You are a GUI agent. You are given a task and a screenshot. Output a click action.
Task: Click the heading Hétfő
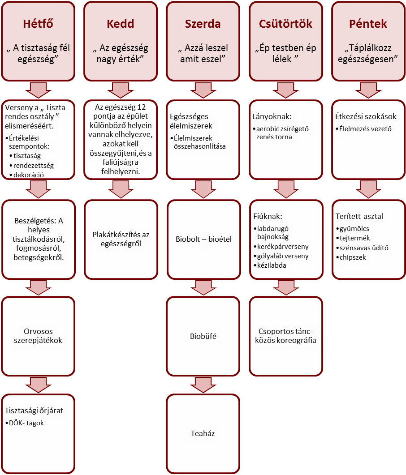tap(38, 24)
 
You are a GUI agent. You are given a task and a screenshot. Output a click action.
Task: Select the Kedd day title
tap(121, 24)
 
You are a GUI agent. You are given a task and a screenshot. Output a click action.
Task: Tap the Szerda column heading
tap(203, 24)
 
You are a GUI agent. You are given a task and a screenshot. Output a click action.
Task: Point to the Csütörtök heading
tap(285, 24)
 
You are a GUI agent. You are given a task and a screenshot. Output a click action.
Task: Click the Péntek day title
tap(368, 24)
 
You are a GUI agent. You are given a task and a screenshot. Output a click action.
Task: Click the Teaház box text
tap(203, 433)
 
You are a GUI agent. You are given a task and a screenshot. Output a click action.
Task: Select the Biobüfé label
tap(203, 336)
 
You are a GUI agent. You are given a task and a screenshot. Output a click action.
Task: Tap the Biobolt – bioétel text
tap(203, 239)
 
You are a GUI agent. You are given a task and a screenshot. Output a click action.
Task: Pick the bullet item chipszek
tap(353, 257)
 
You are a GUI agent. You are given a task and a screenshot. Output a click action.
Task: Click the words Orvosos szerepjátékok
tap(38, 336)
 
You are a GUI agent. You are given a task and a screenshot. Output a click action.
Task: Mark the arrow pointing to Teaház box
tap(203, 385)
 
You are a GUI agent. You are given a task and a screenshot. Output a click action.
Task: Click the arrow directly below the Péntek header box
tap(368, 90)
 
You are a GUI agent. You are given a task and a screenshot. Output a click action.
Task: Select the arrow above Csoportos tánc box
tap(286, 287)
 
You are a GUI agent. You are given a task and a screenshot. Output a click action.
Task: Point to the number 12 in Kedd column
tap(142, 107)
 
